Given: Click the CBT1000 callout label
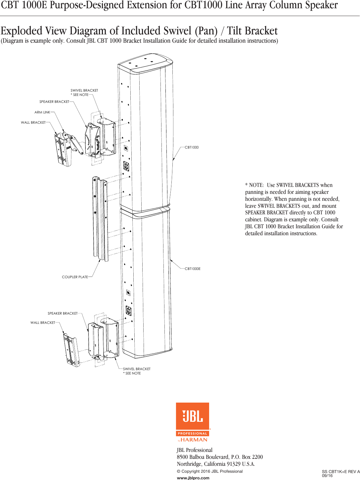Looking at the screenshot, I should (192, 148).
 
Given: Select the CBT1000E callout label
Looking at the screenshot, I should (193, 269).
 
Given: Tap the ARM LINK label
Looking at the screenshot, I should (42, 112).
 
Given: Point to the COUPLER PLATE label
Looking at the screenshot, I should (75, 277).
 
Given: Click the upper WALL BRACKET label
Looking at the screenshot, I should (33, 123).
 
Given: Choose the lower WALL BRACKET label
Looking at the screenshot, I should (43, 323).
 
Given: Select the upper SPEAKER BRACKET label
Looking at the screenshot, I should (54, 102).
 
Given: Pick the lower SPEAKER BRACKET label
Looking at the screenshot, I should (63, 314).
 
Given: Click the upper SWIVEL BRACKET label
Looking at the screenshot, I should (84, 91).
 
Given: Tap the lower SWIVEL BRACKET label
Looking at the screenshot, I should (137, 369).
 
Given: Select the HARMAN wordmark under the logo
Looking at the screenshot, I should (194, 440).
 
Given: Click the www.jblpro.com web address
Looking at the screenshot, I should (193, 478).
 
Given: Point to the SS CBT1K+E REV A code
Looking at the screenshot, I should (340, 472).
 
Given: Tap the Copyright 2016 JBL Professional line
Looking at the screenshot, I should (210, 471).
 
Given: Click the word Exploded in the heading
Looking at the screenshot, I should (22, 31).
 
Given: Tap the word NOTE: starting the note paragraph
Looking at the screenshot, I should (256, 185).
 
